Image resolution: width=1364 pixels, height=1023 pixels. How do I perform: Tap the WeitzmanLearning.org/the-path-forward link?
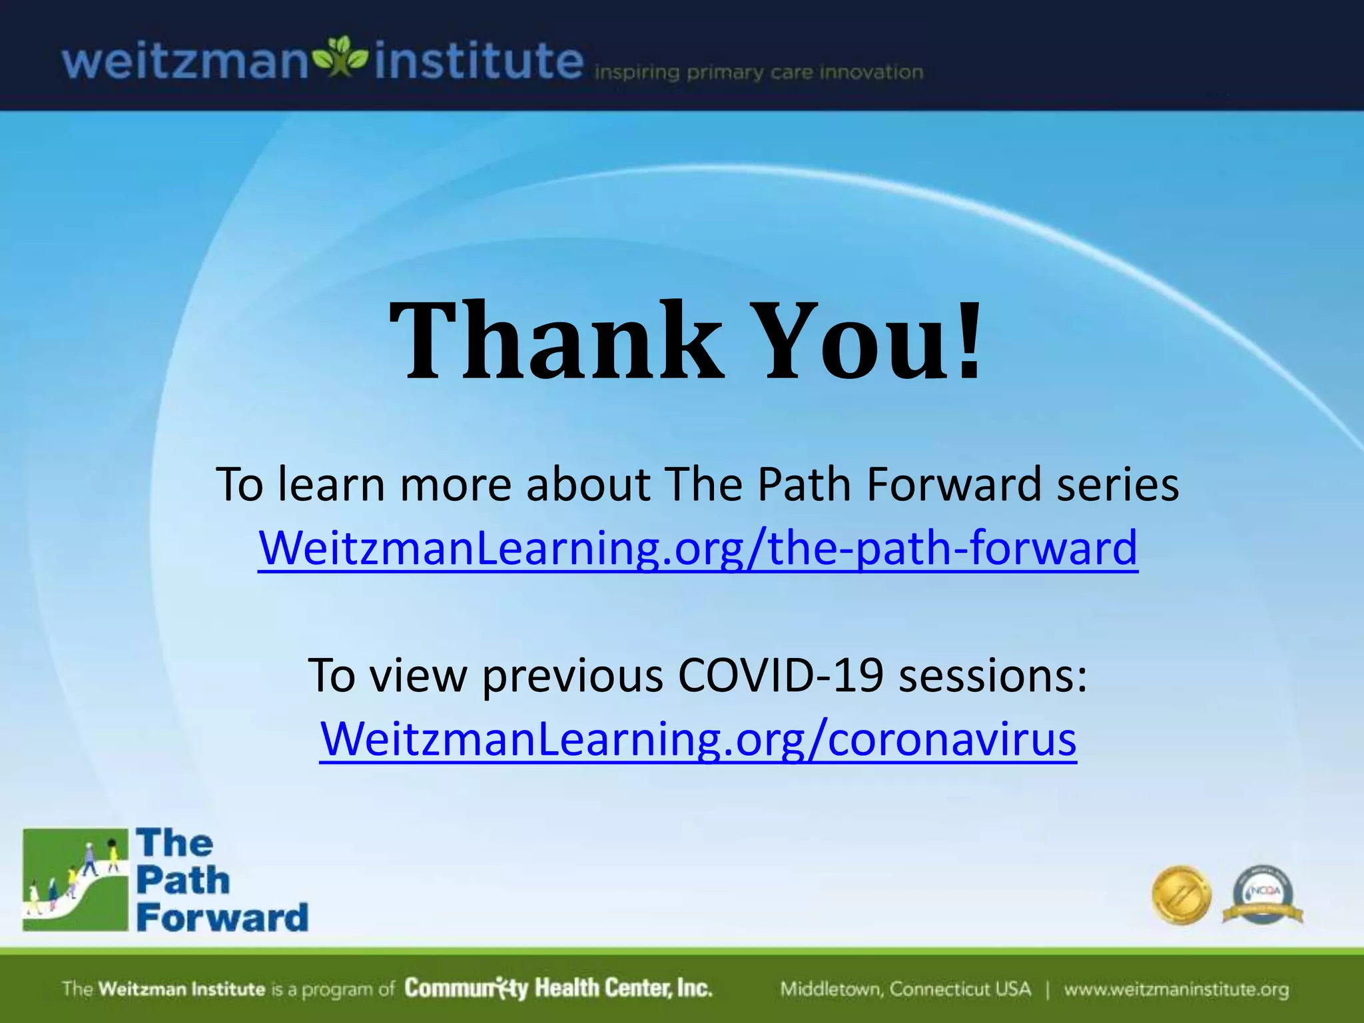pos(698,547)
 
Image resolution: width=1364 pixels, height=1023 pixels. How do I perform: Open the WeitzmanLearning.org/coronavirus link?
pos(698,739)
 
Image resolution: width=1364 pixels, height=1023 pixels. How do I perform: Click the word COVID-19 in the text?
pos(781,675)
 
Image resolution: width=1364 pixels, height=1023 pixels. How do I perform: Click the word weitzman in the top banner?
pos(185,61)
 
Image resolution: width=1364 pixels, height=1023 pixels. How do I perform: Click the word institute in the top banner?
pos(478,61)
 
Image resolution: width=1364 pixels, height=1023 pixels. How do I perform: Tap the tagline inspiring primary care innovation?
pos(759,72)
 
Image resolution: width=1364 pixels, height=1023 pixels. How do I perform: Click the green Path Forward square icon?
pos(75,880)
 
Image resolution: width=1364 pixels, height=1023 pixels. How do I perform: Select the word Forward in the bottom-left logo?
pos(222,918)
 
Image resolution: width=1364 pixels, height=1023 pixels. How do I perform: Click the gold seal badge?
pos(1182,895)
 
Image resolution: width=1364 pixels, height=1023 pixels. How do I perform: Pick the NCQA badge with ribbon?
pos(1263,895)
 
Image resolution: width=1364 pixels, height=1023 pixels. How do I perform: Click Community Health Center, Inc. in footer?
pos(558,988)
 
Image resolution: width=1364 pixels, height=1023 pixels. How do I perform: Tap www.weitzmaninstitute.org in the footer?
pos(1176,989)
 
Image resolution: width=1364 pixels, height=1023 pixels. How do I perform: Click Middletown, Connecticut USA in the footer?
pos(905,989)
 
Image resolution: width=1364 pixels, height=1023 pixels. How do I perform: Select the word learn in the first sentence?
pos(331,484)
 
